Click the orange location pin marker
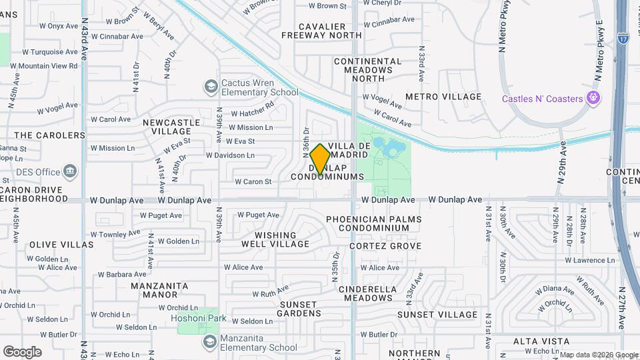pyautogui.click(x=320, y=159)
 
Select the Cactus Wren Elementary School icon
pyautogui.click(x=211, y=86)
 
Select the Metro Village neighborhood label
pyautogui.click(x=443, y=97)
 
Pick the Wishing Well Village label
pyautogui.click(x=275, y=239)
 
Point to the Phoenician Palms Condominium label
pyautogui.click(x=373, y=223)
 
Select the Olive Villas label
pyautogui.click(x=61, y=245)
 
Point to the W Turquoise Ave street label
pyautogui.click(x=50, y=51)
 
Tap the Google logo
pyautogui.click(x=22, y=351)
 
